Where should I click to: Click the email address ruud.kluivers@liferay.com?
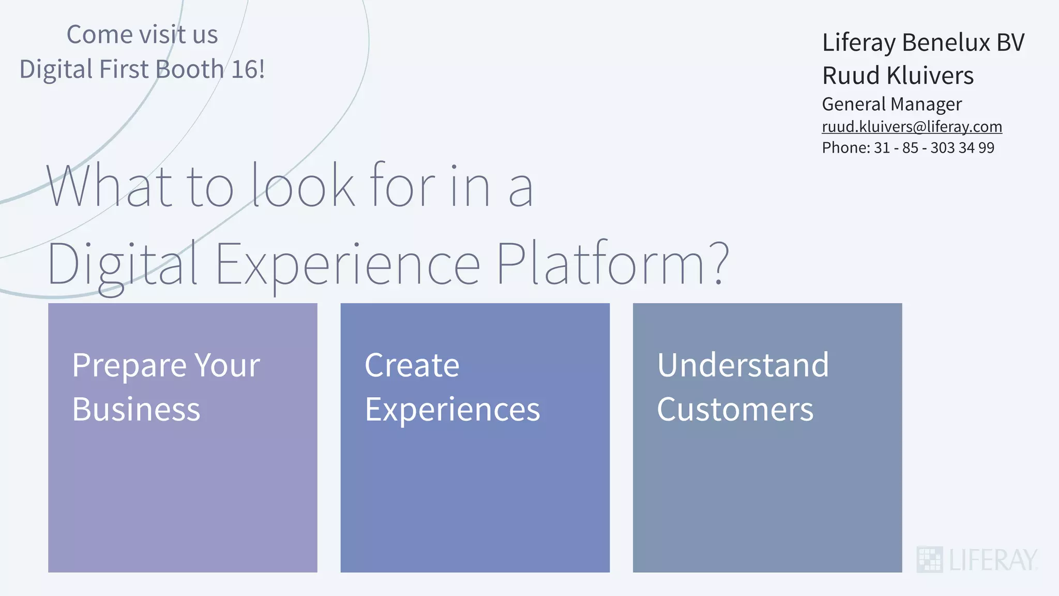912,127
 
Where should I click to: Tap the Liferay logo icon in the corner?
929,559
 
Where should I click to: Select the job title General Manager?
891,104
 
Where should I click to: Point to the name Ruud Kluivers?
898,76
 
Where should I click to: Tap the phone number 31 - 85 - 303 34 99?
934,148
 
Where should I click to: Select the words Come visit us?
142,35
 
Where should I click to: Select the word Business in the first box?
136,410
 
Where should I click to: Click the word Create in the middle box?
412,365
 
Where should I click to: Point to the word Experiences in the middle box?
452,410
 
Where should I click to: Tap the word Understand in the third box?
743,365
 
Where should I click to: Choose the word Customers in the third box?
735,410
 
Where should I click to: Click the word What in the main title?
109,186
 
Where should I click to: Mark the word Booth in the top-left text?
189,69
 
